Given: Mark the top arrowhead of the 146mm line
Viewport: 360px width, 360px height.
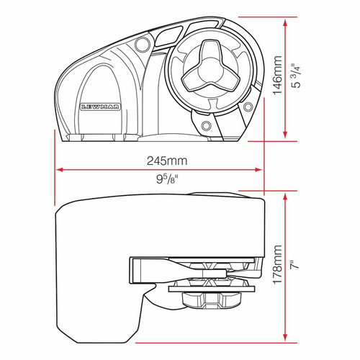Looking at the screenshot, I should tap(286, 21).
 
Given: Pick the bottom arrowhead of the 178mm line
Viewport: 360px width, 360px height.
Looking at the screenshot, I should tap(286, 338).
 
